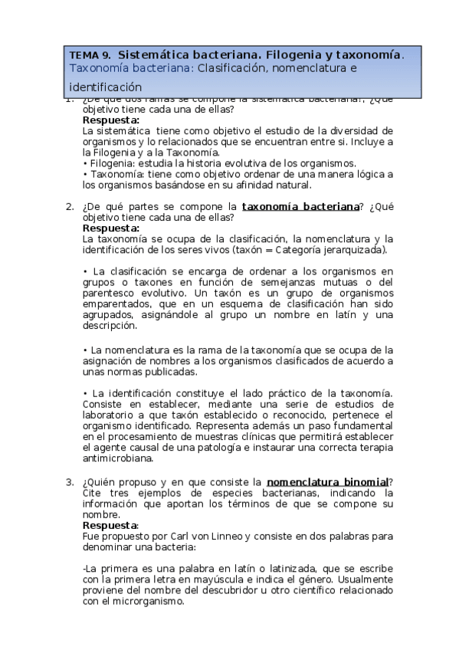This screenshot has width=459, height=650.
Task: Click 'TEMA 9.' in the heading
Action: tap(90, 55)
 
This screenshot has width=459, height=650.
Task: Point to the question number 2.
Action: tap(69, 206)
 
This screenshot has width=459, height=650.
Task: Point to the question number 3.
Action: tap(69, 482)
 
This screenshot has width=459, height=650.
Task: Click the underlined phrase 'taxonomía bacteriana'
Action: tap(300, 206)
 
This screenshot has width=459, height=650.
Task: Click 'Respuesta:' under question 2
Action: tap(111, 228)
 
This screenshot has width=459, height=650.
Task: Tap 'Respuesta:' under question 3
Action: tap(111, 527)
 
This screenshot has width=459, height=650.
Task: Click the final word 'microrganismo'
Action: tap(146, 602)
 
